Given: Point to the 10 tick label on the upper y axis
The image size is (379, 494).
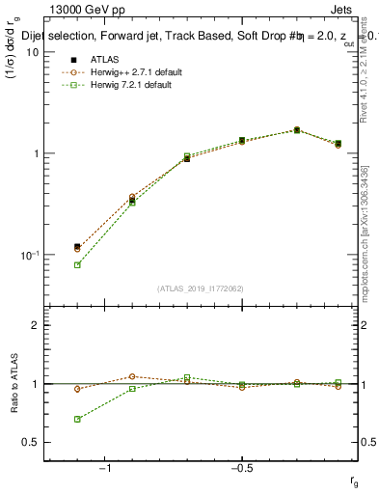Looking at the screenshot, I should pos(32,52).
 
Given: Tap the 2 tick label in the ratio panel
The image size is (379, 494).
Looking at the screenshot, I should pos(35,325).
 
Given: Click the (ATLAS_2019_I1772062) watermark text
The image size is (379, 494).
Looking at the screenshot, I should pos(202,288).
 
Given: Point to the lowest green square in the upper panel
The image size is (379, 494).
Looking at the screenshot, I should pos(77,264).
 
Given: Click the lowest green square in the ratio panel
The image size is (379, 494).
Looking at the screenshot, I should pos(77,419).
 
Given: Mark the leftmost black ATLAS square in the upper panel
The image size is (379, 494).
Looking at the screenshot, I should pos(77,247).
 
